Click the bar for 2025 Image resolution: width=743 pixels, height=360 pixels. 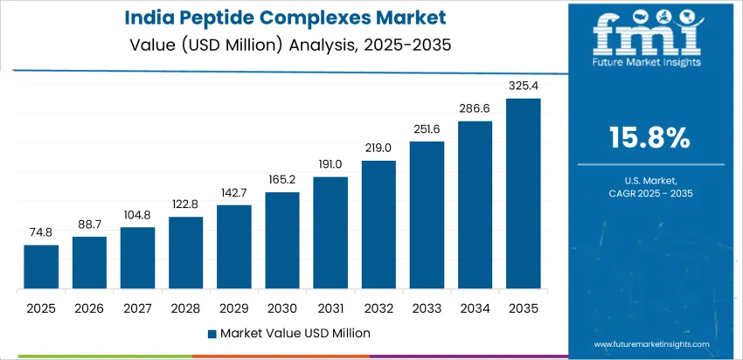pyautogui.click(x=41, y=267)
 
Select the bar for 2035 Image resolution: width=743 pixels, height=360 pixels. pyautogui.click(x=523, y=194)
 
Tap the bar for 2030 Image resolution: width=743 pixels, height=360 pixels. pyautogui.click(x=282, y=241)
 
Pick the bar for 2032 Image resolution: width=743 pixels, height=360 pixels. pyautogui.click(x=378, y=225)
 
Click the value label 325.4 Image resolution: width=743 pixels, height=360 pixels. pyautogui.click(x=523, y=87)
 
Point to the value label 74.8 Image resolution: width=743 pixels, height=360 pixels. pyautogui.click(x=41, y=233)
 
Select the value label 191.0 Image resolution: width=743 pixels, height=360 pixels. pyautogui.click(x=330, y=165)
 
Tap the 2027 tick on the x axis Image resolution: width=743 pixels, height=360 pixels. pyautogui.click(x=137, y=308)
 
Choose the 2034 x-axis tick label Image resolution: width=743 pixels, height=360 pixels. pyautogui.click(x=475, y=308)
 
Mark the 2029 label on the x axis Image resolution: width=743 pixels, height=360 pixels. pyautogui.click(x=234, y=308)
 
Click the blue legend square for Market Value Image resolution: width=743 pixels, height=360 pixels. pyautogui.click(x=212, y=333)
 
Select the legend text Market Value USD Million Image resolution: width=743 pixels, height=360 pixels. pyautogui.click(x=295, y=333)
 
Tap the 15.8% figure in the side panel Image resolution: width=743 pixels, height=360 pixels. pyautogui.click(x=649, y=138)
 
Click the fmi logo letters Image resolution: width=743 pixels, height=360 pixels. pyautogui.click(x=648, y=35)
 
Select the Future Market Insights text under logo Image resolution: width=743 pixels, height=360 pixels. pyautogui.click(x=648, y=64)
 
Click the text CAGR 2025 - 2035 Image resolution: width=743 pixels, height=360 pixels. pyautogui.click(x=649, y=191)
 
